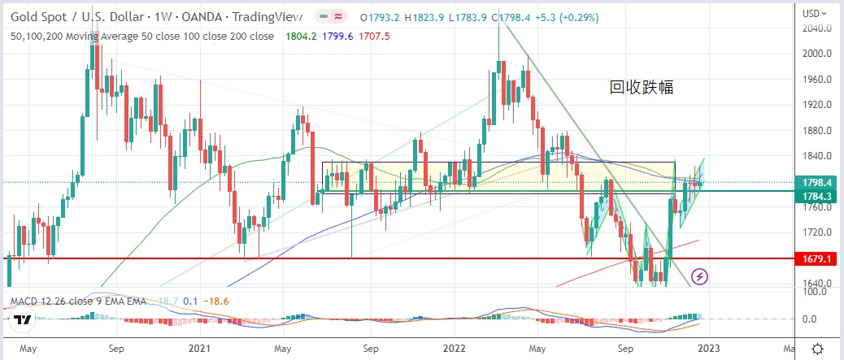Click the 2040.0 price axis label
(x=816, y=28)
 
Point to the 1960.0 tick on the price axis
(x=816, y=80)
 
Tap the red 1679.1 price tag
(x=816, y=259)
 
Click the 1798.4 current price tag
(x=816, y=182)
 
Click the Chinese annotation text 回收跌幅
(x=642, y=88)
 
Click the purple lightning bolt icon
(x=700, y=276)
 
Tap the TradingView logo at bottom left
(x=21, y=320)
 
